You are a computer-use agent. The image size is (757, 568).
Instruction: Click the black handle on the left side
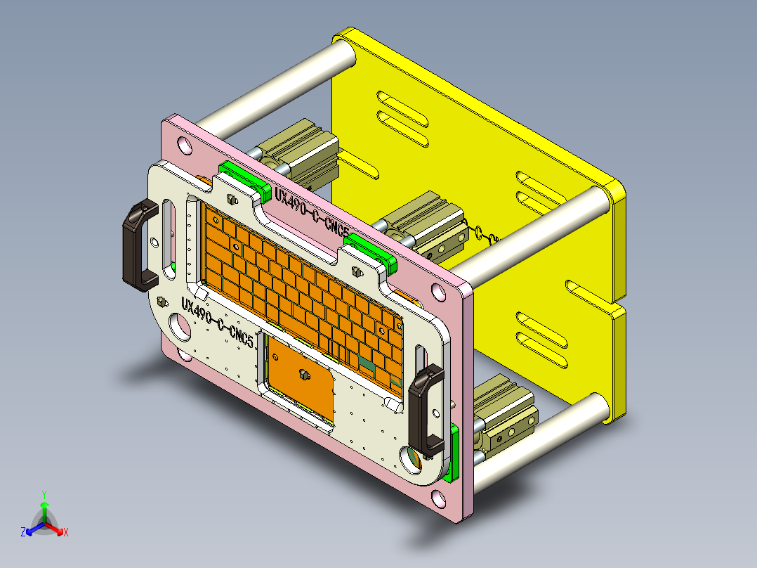coord(139,245)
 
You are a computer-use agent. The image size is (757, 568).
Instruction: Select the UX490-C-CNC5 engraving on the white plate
coord(217,322)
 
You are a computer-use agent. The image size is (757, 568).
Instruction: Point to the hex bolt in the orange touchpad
coord(305,374)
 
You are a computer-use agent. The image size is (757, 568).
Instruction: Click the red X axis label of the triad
coord(65,533)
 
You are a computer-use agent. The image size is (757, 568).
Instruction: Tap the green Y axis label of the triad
coord(44,494)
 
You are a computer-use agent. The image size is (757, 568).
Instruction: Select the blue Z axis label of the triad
coord(23,533)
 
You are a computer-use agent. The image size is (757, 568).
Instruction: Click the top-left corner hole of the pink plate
coord(184,146)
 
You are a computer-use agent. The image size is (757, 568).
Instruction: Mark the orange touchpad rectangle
coord(298,380)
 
